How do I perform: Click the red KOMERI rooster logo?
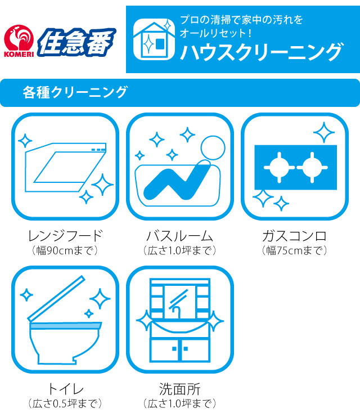point(19,41)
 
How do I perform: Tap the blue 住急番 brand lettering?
point(76,42)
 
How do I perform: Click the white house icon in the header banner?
point(154,39)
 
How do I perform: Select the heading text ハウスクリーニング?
point(262,52)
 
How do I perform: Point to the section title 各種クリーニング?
point(75,92)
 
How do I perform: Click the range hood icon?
point(65,167)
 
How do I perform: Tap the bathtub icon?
point(180,167)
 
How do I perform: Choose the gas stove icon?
point(295,167)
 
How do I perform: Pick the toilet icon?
point(65,319)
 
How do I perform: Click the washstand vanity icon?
point(180,319)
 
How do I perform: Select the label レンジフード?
point(65,236)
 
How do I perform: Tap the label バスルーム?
point(180,236)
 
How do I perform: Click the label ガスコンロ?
point(294,236)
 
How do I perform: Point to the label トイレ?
point(65,389)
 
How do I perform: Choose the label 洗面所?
point(180,389)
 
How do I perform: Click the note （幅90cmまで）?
point(65,250)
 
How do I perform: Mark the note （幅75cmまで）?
point(294,250)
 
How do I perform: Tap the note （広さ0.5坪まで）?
point(65,403)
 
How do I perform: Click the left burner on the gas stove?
point(279,167)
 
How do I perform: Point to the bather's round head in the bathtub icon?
point(213,148)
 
